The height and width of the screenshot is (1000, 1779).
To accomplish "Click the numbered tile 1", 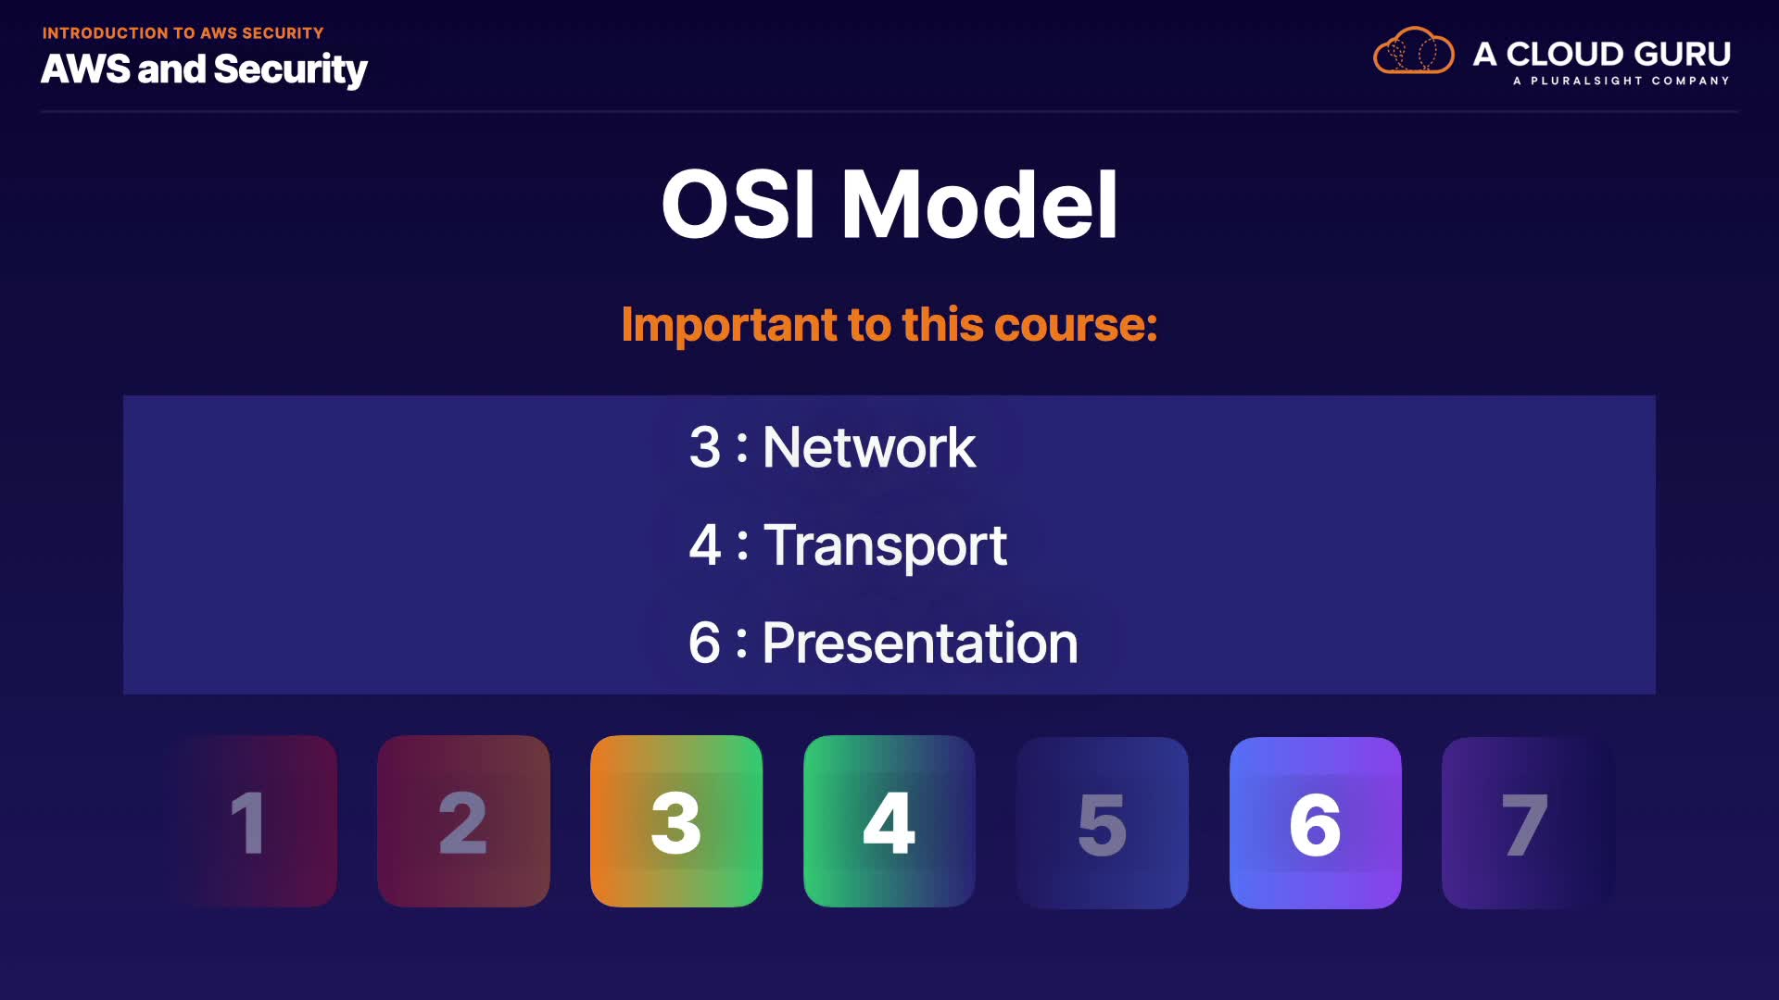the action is (251, 821).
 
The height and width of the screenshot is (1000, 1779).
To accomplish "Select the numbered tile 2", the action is (463, 821).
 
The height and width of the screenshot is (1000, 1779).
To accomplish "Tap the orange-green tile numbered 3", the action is (676, 821).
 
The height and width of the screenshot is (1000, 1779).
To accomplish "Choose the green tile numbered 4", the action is (889, 821).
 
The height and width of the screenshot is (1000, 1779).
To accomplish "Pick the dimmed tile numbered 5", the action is (1103, 823).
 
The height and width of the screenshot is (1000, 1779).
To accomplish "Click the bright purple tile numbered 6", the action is (1316, 823).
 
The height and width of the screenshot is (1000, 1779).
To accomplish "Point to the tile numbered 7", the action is (1528, 823).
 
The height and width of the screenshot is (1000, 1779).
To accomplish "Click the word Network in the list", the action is (869, 447).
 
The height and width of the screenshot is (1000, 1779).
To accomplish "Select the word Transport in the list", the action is (885, 545).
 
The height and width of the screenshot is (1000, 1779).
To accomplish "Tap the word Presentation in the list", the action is (920, 643).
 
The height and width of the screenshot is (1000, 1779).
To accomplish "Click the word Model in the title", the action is (979, 205).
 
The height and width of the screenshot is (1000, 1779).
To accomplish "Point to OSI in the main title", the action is (738, 205).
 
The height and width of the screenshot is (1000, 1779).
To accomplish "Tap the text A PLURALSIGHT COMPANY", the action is (1621, 81).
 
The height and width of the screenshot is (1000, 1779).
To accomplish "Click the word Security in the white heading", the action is (291, 70).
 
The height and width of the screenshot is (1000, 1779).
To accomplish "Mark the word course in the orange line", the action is (1071, 326).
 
